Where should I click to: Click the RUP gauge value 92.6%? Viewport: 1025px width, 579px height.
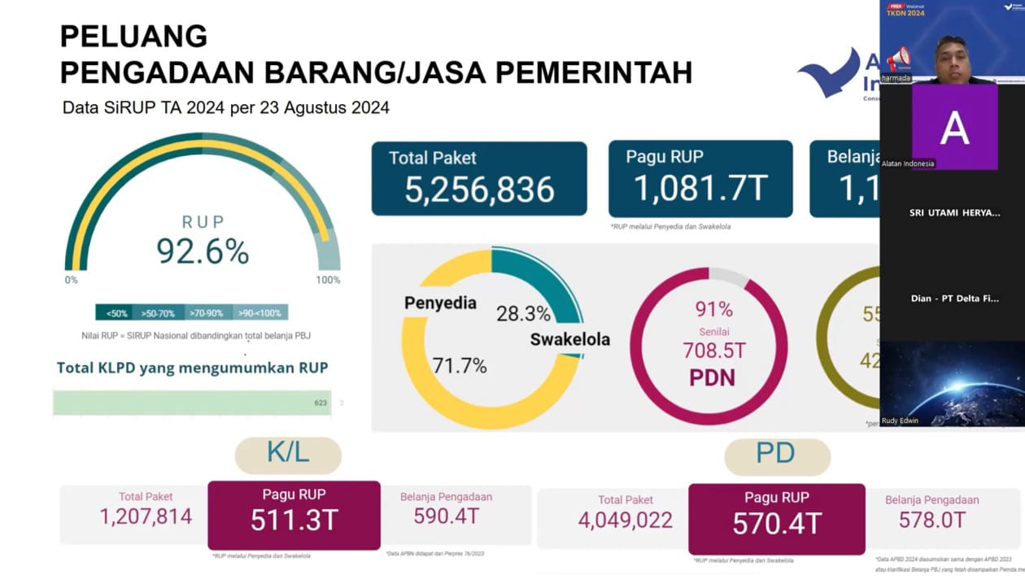tap(203, 252)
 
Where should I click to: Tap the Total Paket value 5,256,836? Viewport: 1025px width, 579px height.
tap(479, 190)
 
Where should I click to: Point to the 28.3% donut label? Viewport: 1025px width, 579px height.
tap(523, 314)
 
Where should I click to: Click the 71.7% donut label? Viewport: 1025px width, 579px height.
tap(459, 366)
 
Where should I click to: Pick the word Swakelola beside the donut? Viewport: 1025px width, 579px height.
tap(569, 339)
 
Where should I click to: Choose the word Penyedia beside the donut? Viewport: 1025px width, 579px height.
tap(440, 303)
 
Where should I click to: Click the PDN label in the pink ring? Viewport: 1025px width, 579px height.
tap(712, 377)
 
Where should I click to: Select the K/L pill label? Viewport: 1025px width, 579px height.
tap(288, 454)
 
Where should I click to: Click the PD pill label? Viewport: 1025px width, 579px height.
tap(776, 454)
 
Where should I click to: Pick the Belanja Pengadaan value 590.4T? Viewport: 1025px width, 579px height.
tap(446, 516)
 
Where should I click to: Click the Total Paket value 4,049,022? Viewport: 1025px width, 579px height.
tap(626, 520)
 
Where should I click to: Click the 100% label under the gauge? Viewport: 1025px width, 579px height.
tap(328, 281)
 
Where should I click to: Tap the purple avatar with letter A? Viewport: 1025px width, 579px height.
tap(954, 126)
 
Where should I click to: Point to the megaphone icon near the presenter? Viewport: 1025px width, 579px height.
tap(898, 59)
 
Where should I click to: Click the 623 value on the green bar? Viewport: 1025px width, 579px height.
tap(321, 403)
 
